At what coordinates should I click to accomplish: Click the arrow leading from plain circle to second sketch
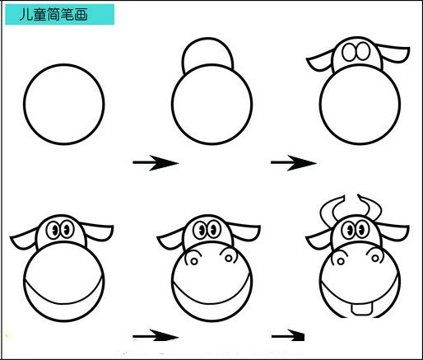coord(156,163)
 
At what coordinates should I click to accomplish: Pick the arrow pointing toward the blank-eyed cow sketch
coord(294,163)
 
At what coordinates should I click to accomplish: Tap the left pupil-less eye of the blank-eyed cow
coord(351,52)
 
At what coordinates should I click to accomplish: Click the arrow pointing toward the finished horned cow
coord(288,335)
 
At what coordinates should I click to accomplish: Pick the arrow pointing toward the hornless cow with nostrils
coord(156,335)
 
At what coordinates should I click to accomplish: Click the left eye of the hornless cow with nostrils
coord(202,229)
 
